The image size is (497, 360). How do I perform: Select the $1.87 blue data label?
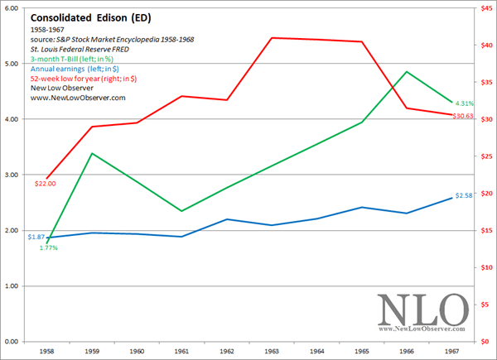pos(36,237)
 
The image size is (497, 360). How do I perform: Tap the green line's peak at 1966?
pos(407,71)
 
